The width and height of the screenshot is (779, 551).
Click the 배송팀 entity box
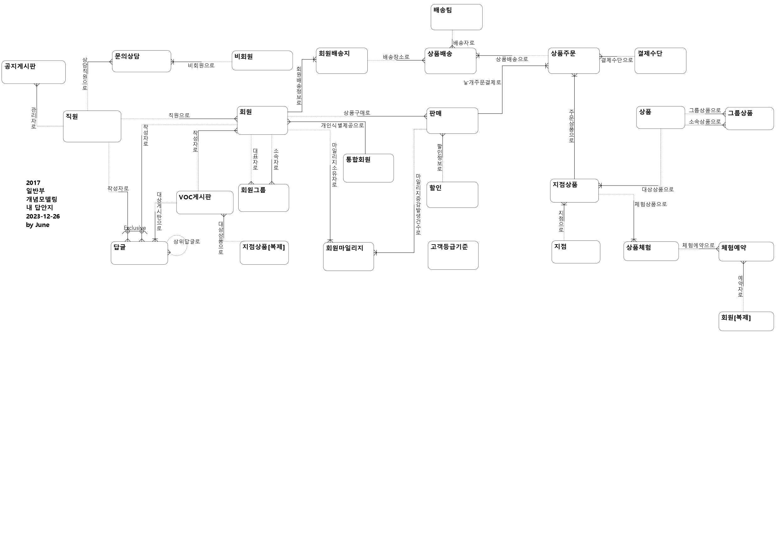[x=456, y=17]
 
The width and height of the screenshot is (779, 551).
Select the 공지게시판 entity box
[x=34, y=72]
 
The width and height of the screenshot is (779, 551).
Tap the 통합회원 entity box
[x=368, y=168]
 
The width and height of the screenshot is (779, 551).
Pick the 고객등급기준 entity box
[x=453, y=255]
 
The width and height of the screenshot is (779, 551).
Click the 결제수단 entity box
[x=660, y=61]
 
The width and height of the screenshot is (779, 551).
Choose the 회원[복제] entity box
[x=746, y=321]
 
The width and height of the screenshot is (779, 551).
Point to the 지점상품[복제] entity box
[x=264, y=253]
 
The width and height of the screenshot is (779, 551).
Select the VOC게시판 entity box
[x=205, y=203]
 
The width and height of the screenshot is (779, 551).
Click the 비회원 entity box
[x=262, y=60]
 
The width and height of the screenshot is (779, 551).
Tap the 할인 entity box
[x=452, y=195]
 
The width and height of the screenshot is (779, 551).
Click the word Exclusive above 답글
[x=135, y=228]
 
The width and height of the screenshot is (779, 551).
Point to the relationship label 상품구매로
[x=357, y=113]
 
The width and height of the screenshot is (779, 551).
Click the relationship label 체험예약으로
[x=698, y=245]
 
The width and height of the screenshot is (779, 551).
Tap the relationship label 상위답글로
[x=187, y=241]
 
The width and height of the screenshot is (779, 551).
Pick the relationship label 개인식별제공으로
[x=342, y=125]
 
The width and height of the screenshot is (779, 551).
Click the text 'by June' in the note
[x=38, y=225]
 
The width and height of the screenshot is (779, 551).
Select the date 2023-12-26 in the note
[x=43, y=216]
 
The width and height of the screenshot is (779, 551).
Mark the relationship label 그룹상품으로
[x=705, y=110]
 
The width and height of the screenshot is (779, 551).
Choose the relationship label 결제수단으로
[x=617, y=60]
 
